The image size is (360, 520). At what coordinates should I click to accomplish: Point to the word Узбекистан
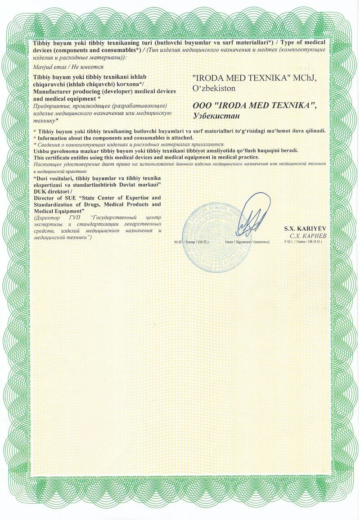[215, 115]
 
